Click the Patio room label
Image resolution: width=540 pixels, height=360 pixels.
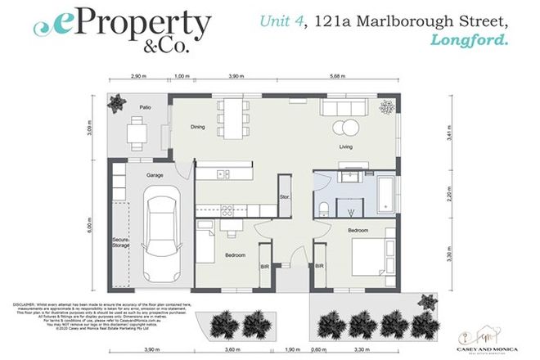point(145,107)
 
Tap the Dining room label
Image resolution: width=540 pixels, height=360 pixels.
point(197,127)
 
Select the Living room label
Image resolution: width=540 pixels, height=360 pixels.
point(347,147)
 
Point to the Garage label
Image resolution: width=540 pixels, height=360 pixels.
point(155,176)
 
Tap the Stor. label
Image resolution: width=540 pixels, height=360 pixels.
point(285,197)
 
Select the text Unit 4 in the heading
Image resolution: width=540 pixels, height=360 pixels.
point(277,22)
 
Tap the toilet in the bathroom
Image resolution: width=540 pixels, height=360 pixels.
point(324,205)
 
